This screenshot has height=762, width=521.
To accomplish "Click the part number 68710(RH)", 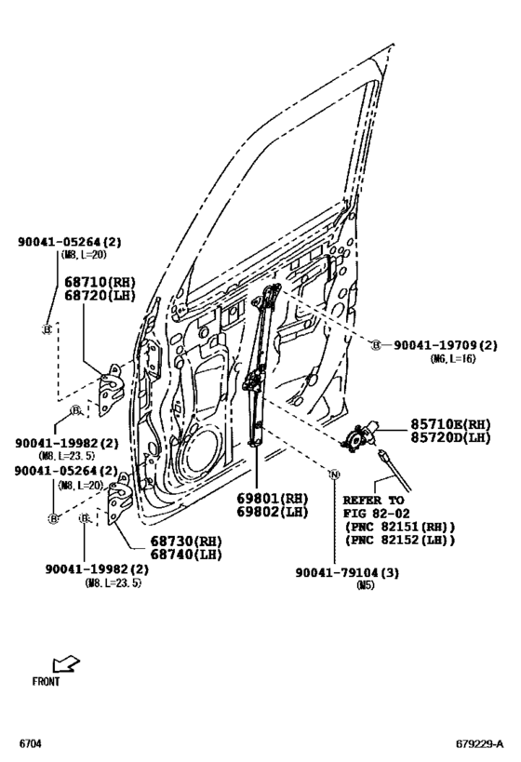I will tap(97, 280).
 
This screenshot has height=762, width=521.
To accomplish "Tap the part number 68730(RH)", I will tap(186, 541).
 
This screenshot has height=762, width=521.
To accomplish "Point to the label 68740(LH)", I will tap(186, 554).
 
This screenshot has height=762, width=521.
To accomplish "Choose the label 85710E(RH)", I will tap(450, 423).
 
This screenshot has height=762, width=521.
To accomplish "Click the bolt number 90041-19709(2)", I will tap(443, 344).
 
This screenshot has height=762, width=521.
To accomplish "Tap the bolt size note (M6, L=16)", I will tap(453, 358).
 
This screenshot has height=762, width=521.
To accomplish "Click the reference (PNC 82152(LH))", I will tap(399, 541).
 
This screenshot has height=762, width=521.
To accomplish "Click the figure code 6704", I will tap(31, 745).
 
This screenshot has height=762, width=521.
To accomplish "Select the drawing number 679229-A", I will tap(479, 745).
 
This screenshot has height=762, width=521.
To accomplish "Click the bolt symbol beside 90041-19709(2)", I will tap(377, 344).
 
